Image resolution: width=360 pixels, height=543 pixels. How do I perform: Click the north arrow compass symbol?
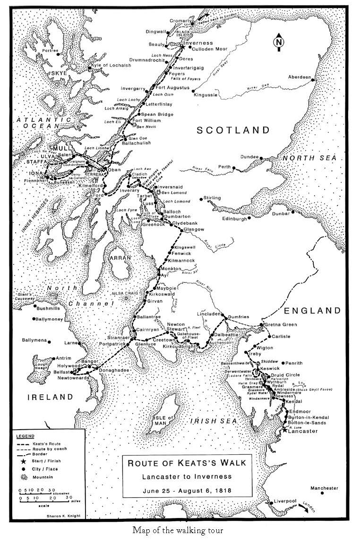(x=278, y=42)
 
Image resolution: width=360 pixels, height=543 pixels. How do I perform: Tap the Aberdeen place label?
(x=301, y=77)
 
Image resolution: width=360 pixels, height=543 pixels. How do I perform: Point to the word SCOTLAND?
(x=233, y=130)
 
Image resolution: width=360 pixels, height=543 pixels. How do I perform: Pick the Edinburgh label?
(x=235, y=219)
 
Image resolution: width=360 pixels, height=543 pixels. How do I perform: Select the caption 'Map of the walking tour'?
(x=178, y=530)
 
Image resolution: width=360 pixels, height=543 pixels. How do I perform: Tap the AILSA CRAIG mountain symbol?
(x=126, y=298)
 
